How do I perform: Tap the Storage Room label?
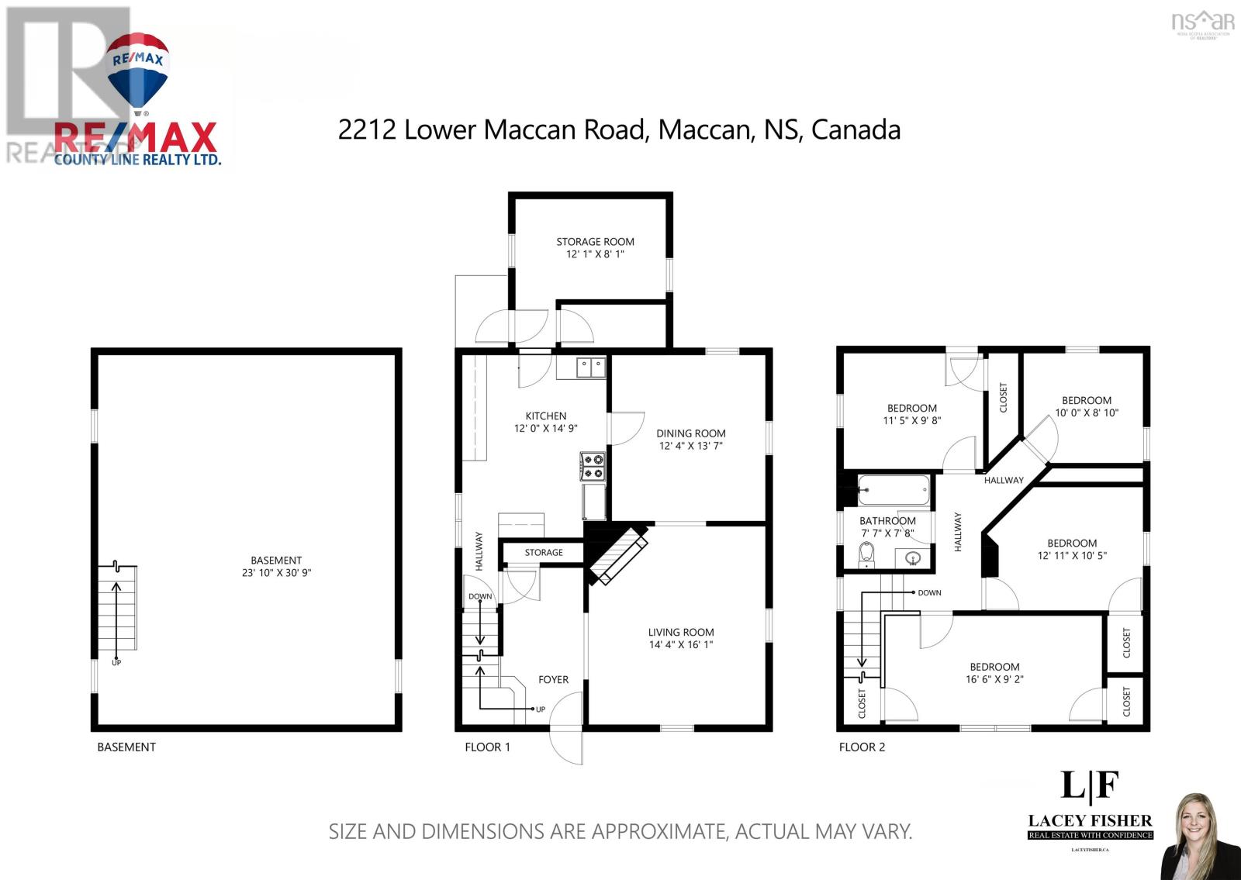595,247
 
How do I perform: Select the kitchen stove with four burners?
593,466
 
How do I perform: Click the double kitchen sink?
590,367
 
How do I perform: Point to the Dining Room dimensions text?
690,446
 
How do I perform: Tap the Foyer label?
553,679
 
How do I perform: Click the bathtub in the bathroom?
893,489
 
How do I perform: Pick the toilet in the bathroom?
866,554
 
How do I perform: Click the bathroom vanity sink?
913,557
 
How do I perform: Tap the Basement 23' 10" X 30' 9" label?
276,567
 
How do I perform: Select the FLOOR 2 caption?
862,747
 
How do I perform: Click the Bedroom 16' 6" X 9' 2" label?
994,672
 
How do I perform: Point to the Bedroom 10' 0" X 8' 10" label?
1086,406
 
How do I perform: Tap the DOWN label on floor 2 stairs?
929,592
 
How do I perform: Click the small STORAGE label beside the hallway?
543,552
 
